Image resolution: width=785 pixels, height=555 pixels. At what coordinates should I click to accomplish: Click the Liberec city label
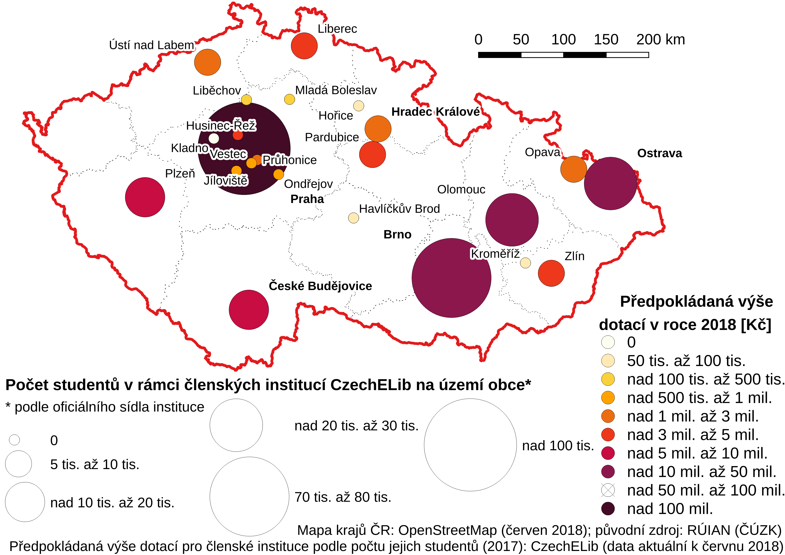tap(337, 29)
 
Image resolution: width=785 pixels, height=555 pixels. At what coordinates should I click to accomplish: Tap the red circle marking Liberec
tap(304, 46)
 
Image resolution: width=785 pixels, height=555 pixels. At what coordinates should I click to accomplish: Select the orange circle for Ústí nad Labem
tap(207, 62)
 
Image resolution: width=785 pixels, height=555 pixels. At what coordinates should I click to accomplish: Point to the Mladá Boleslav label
tap(336, 90)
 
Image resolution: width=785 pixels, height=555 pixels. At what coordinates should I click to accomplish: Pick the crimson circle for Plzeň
tap(145, 197)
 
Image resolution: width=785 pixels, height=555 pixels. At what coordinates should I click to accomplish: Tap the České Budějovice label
tap(320, 286)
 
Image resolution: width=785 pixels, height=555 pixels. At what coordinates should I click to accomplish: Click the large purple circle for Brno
tap(451, 278)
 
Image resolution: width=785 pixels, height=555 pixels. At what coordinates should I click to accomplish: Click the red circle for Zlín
tap(551, 273)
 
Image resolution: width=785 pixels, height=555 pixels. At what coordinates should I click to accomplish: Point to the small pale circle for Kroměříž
tap(525, 263)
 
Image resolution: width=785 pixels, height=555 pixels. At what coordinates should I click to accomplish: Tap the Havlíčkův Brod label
tap(399, 209)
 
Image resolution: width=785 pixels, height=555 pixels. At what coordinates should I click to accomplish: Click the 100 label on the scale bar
tap(563, 40)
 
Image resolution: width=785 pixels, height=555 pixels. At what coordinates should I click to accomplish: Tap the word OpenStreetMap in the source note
tap(447, 530)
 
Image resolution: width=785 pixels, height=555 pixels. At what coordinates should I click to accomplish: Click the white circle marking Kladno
tap(214, 138)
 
